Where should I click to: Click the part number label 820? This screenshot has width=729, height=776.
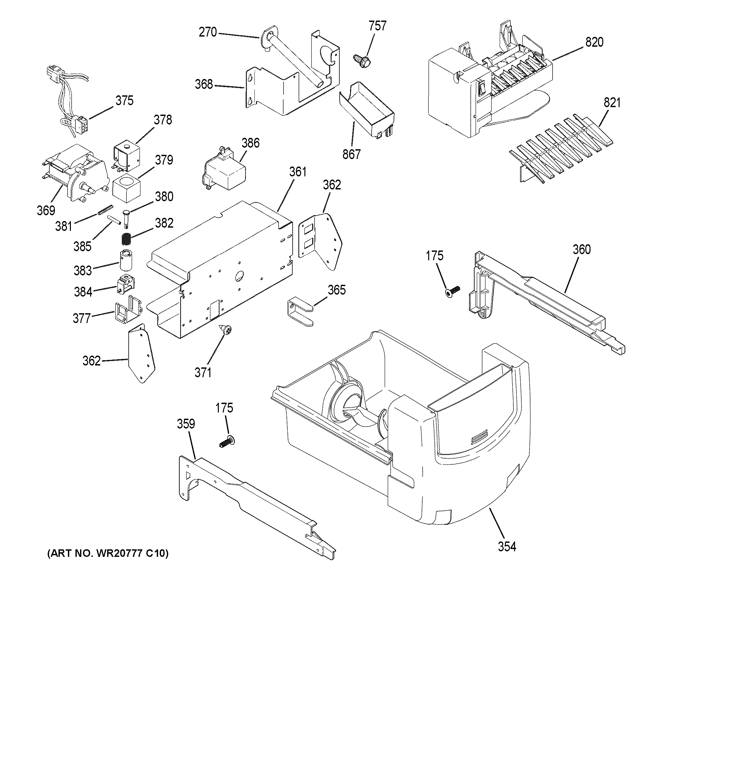point(594,42)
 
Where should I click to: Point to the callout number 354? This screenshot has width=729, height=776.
point(507,546)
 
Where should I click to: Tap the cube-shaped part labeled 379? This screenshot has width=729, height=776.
point(126,189)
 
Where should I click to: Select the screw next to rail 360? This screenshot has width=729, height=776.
point(452,292)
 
